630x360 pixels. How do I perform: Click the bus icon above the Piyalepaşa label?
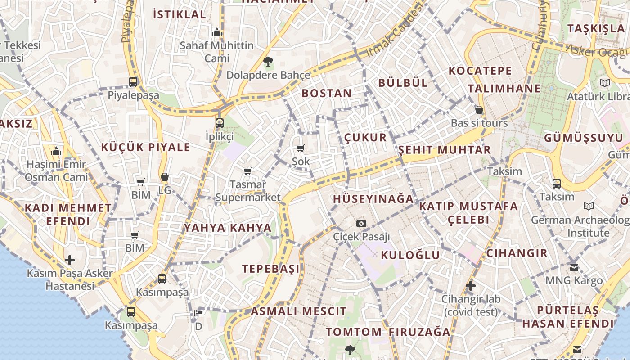point(133,82)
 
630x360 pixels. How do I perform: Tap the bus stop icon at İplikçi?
point(220,123)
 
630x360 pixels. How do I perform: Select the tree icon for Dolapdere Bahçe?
point(268,62)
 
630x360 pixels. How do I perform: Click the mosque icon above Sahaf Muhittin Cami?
point(217,32)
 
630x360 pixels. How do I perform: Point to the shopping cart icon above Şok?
point(301,148)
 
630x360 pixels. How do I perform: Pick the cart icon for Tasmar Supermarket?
point(247,171)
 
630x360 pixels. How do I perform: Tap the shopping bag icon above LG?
point(165,177)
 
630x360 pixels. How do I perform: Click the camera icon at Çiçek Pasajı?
point(361,223)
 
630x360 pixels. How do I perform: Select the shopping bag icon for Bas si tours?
point(479,110)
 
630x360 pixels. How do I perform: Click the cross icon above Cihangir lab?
point(471,286)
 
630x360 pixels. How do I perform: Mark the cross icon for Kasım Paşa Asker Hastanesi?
point(70,260)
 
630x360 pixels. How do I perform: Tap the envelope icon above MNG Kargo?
point(574,267)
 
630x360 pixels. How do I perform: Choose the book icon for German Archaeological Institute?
point(588,207)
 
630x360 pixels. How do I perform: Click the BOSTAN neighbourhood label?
point(327,93)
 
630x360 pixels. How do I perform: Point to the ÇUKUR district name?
point(365,138)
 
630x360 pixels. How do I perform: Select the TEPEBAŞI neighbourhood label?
point(270,269)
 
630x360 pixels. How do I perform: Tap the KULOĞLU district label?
point(410,255)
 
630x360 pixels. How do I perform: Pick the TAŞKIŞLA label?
point(596,28)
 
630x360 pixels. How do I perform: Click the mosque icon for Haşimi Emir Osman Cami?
point(56,152)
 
